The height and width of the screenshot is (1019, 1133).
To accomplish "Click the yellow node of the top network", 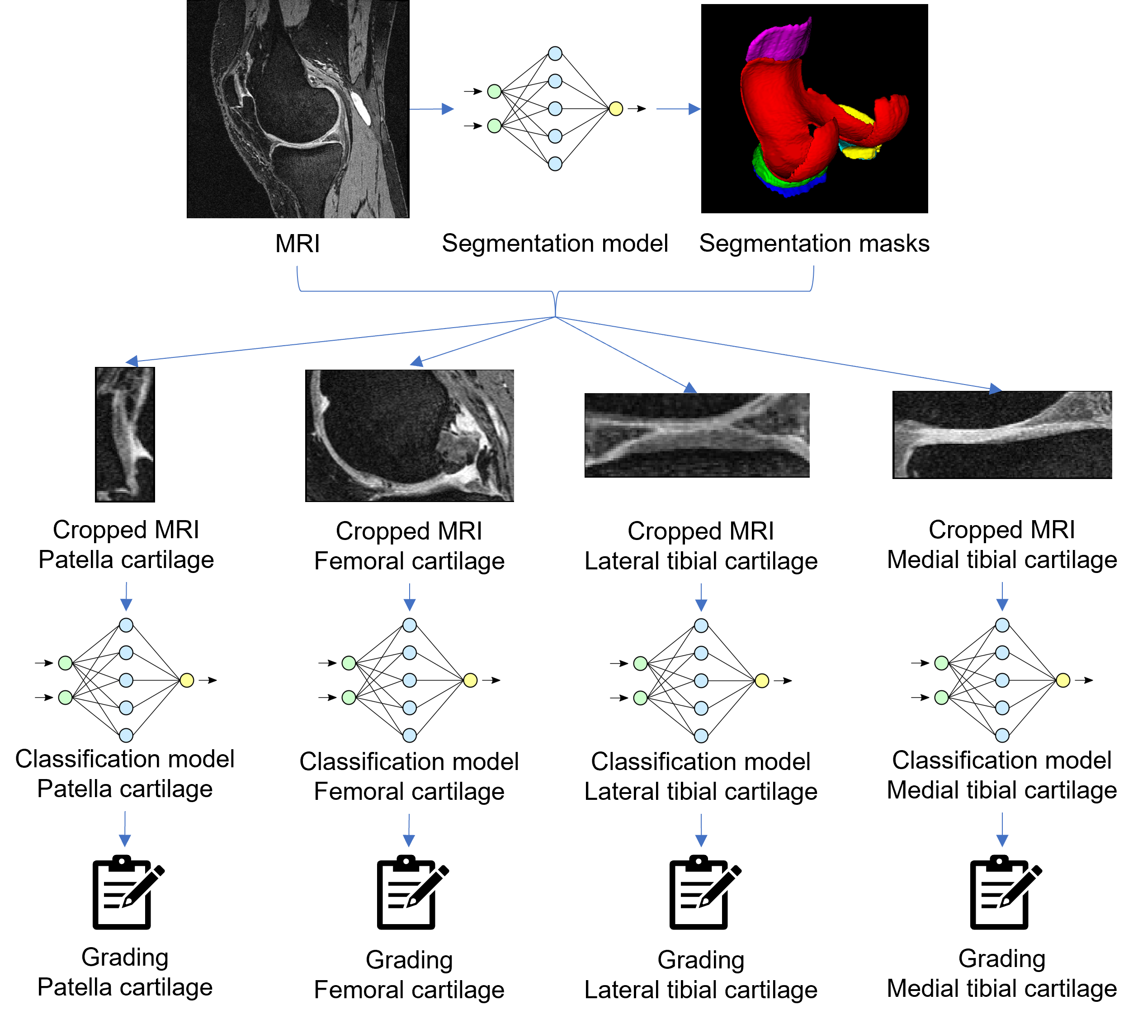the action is (615, 108).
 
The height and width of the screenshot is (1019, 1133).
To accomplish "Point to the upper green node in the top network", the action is (494, 91).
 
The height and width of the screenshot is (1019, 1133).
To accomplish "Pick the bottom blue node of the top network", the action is (555, 164).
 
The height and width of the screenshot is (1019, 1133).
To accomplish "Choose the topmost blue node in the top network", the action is (555, 54).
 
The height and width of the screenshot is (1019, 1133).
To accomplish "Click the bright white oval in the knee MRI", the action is (360, 108).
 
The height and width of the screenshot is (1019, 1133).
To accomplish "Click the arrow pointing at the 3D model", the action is (678, 108).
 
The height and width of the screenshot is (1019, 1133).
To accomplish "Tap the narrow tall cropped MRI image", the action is (125, 434).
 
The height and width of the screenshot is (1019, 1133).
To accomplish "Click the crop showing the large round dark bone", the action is (410, 435).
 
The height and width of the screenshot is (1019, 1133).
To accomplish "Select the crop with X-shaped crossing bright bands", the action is (697, 434).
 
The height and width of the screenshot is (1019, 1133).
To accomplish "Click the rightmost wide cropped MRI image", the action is (1002, 434).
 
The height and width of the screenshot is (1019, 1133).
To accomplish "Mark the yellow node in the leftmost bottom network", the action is (187, 680).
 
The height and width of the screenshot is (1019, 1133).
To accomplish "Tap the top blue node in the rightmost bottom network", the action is (1002, 625).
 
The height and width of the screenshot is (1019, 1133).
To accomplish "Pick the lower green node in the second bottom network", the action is (349, 698).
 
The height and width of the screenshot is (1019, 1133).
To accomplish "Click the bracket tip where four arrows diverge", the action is (555, 317).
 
